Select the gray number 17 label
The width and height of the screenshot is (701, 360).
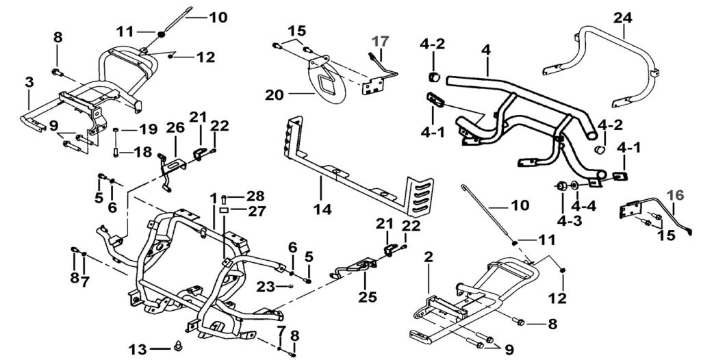pos(379,40)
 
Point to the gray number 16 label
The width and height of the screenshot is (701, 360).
pos(675,195)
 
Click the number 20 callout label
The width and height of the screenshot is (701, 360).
pos(274,96)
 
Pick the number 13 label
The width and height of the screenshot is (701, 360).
pos(138,350)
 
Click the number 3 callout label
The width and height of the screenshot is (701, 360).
pos(29,82)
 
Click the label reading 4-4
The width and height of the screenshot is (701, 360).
pos(584,205)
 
